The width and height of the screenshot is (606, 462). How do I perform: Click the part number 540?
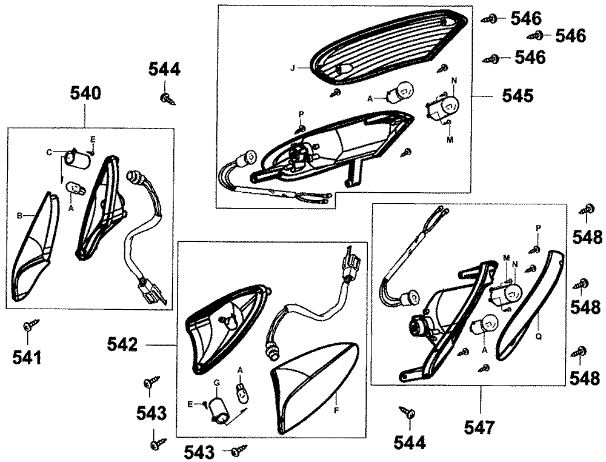pos(85,93)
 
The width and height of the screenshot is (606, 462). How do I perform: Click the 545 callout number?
pos(517,96)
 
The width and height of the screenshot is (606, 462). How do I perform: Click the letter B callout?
pos(19,215)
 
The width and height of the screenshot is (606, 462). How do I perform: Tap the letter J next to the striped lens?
pos(292,69)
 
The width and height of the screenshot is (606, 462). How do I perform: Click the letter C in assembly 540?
pos(49,152)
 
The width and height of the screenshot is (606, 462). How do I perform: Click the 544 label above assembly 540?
pos(164,70)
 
